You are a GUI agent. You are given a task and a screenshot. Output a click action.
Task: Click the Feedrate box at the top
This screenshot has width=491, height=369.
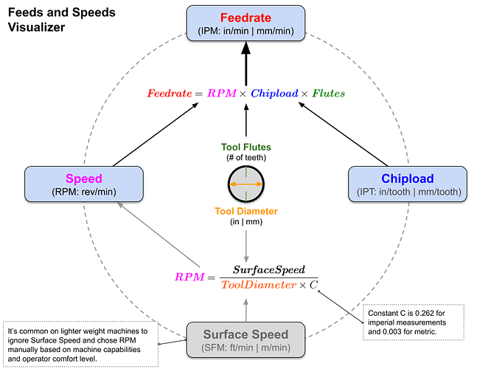click(x=246, y=24)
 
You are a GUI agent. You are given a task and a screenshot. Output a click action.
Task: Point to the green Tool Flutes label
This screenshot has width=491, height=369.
click(x=245, y=147)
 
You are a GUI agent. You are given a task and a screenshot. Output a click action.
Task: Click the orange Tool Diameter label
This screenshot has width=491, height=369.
click(x=245, y=211)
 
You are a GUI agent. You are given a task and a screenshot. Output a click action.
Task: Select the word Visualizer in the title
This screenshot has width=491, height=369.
click(x=38, y=27)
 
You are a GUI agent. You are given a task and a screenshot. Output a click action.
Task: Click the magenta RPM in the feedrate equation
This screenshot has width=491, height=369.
click(x=222, y=94)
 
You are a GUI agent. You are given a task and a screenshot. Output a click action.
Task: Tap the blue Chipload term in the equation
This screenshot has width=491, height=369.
click(x=275, y=94)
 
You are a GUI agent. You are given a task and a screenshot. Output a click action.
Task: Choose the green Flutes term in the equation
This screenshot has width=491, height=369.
click(x=328, y=94)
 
